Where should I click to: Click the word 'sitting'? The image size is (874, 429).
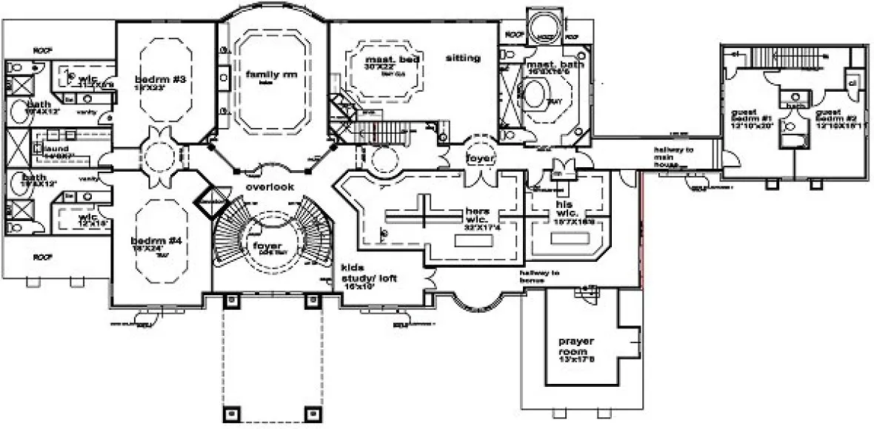[x=464, y=58]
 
